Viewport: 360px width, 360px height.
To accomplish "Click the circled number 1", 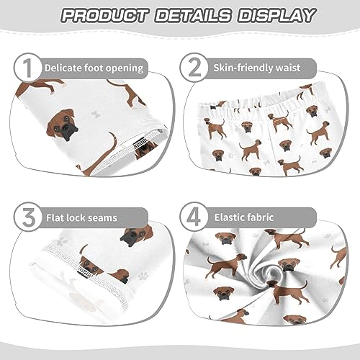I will point(26,68).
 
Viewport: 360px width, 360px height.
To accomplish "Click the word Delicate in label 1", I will point(64,68).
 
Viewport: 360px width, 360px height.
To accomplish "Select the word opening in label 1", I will point(126,68).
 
